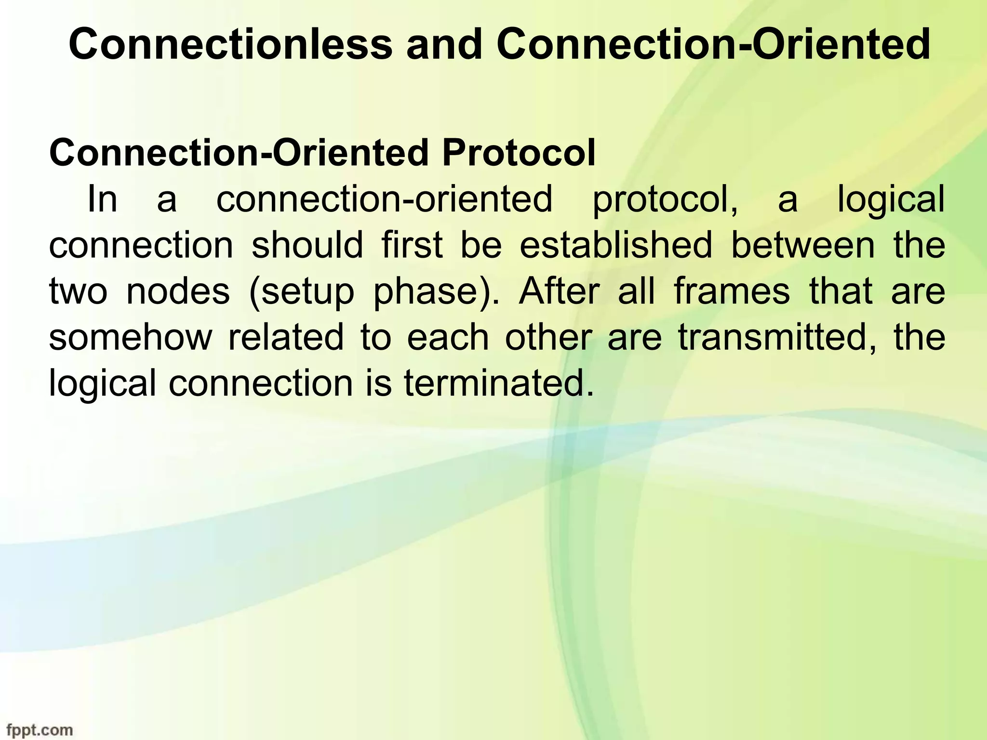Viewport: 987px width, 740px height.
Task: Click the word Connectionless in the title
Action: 230,45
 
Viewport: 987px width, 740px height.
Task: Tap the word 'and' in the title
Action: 444,45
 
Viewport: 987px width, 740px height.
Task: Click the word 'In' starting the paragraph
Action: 102,199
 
